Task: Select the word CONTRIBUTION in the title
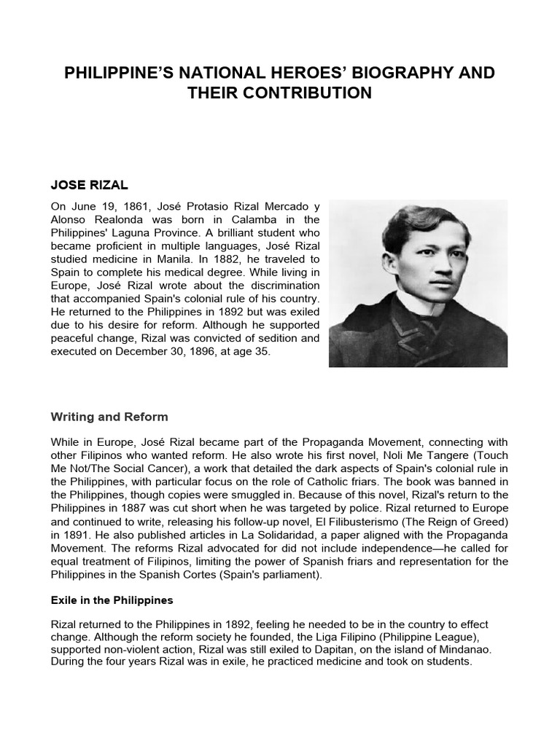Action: coord(309,93)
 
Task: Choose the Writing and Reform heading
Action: coord(109,417)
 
